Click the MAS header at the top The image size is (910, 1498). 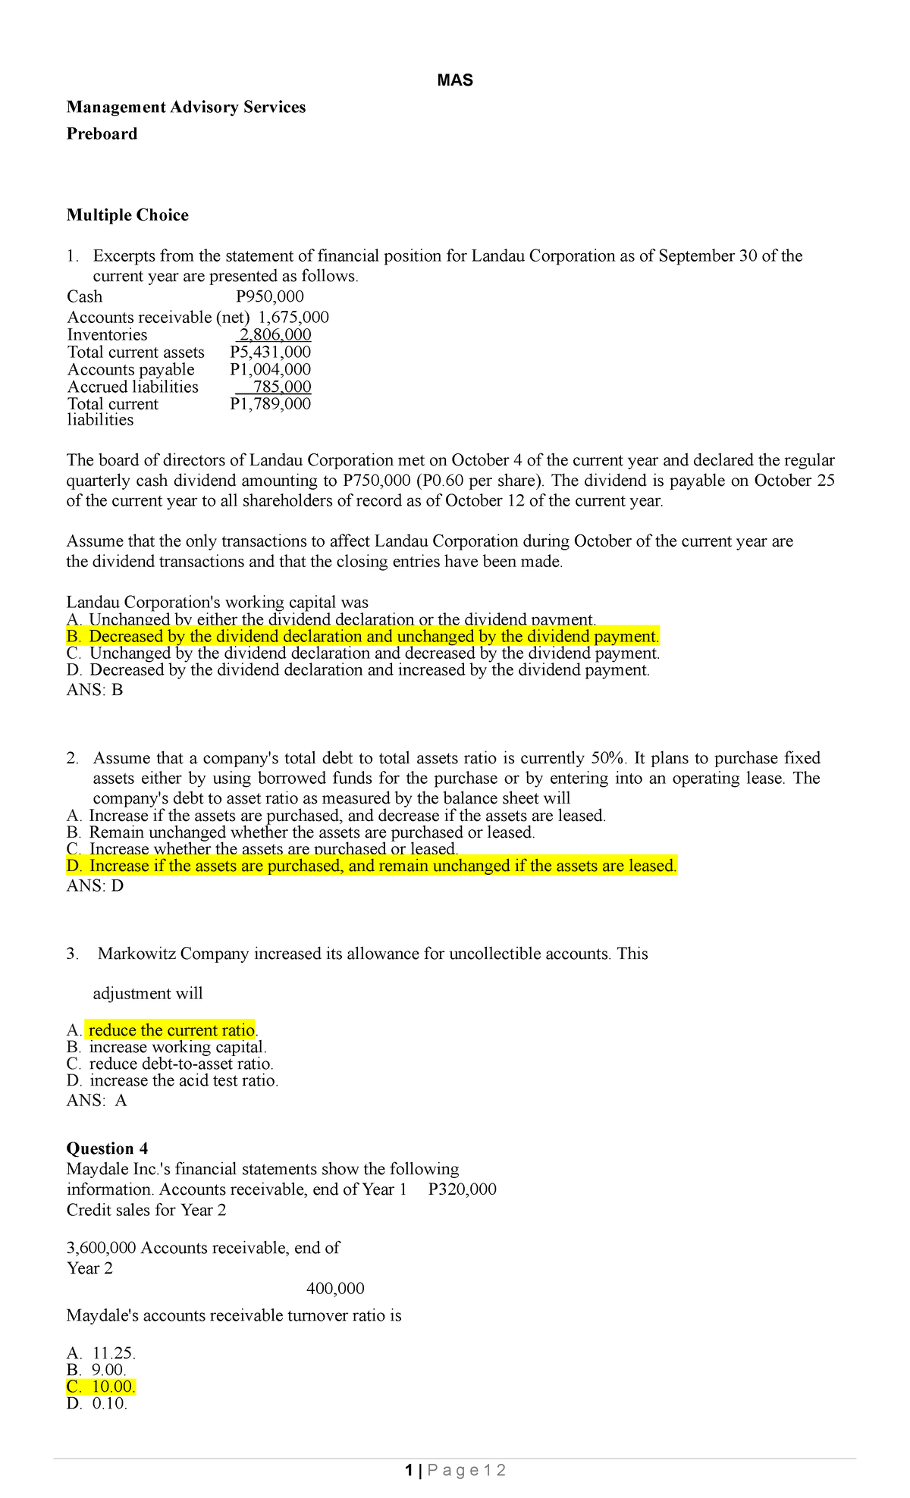455,80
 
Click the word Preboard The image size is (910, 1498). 102,134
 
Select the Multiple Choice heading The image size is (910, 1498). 127,215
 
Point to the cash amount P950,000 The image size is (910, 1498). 270,296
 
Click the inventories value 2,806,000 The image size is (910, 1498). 275,335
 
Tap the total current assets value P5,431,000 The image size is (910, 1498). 270,353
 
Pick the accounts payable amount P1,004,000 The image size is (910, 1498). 270,370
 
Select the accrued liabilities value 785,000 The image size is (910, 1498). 281,387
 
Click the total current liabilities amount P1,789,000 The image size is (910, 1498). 270,404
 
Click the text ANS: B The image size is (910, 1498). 95,690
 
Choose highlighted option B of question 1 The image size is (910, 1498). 363,636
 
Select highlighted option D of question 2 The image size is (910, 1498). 372,866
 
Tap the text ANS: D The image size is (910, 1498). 95,886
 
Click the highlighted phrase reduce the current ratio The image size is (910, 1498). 171,1030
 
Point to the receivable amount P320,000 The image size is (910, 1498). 462,1189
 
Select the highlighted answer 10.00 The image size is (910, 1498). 113,1387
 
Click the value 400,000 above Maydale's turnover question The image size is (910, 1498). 335,1289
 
